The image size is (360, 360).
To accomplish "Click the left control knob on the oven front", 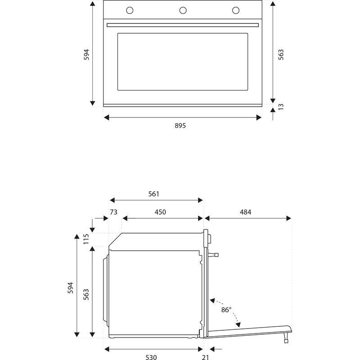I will click(x=130, y=10).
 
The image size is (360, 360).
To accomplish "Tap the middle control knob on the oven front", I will click(x=183, y=10).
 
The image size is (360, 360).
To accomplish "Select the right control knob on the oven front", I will click(x=235, y=10).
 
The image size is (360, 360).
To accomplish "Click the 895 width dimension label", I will click(x=180, y=126).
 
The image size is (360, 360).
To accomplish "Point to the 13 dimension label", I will click(x=281, y=107).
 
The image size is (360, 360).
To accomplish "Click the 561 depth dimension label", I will click(x=154, y=194).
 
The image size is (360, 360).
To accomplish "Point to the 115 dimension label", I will click(x=86, y=238).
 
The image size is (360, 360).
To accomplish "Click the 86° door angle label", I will click(x=226, y=310).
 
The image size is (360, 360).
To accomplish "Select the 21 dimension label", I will click(x=205, y=357).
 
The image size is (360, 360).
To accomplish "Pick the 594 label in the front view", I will click(x=87, y=54).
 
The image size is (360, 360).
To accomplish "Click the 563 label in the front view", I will click(x=281, y=54).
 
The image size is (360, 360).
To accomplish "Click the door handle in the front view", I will click(x=182, y=24).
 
